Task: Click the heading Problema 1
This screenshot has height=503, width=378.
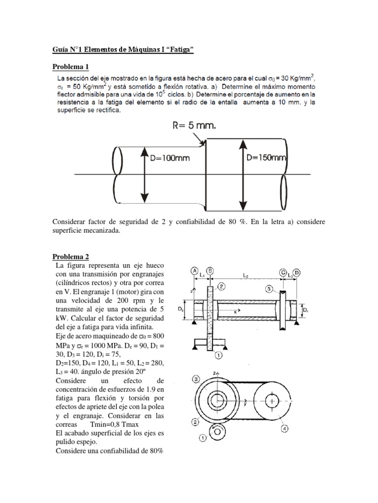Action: [71, 66]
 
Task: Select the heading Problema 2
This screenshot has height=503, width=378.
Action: [71, 257]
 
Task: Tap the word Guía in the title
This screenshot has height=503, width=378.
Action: [61, 50]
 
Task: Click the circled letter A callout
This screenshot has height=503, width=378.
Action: [195, 271]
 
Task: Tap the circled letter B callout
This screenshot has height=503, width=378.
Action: [210, 271]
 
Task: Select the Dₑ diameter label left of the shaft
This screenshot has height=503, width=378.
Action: [181, 310]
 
